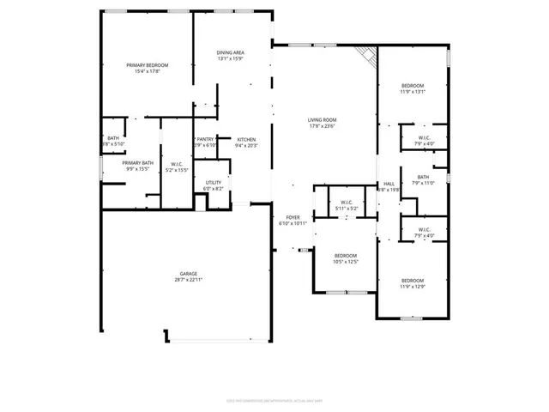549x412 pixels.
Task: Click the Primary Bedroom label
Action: click(147, 65)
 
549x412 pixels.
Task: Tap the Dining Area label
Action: click(231, 53)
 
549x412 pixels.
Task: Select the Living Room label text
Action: click(323, 120)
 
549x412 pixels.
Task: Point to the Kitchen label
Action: click(246, 139)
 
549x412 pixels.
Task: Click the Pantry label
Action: click(206, 139)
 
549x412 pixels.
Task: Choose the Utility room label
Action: click(214, 183)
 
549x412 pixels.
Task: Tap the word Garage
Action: click(189, 274)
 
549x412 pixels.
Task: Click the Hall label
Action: click(389, 184)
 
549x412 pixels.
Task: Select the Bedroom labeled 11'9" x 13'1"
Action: click(413, 86)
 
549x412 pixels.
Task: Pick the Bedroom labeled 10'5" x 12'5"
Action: click(346, 256)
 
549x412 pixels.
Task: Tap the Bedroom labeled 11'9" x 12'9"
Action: click(413, 281)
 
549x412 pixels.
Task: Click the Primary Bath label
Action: click(137, 163)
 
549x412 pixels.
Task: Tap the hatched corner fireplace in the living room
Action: click(367, 56)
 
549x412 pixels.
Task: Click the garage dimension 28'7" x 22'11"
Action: click(189, 280)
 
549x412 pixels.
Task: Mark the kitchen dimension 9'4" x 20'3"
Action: click(246, 145)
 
